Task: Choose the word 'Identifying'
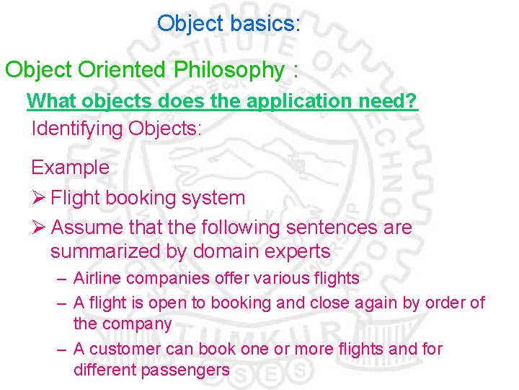[77, 129]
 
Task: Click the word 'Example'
[70, 168]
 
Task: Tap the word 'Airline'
[95, 278]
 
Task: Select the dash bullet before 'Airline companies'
[63, 278]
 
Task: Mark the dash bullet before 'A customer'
[63, 349]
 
